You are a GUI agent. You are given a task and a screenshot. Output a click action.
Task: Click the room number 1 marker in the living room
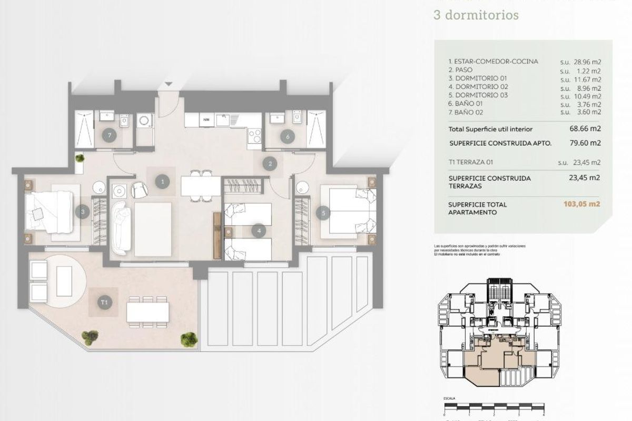coord(163,182)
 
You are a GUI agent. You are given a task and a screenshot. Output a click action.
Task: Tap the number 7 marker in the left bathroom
coord(109,135)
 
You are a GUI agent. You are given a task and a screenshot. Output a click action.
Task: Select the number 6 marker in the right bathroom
coord(287,137)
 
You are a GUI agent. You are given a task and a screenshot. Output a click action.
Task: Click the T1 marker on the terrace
coord(104,302)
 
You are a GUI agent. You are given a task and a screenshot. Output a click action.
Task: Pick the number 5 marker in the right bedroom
coord(323,213)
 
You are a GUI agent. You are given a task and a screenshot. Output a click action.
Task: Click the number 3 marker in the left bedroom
coord(82,213)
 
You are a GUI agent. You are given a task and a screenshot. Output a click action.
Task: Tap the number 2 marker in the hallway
coord(270,164)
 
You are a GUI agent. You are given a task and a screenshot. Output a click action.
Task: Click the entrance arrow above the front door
coord(168,84)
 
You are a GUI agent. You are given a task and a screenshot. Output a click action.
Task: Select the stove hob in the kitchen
coord(254,136)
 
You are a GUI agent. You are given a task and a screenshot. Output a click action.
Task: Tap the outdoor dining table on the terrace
coord(147,312)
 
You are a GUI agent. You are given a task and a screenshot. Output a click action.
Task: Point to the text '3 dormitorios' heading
coord(476,14)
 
